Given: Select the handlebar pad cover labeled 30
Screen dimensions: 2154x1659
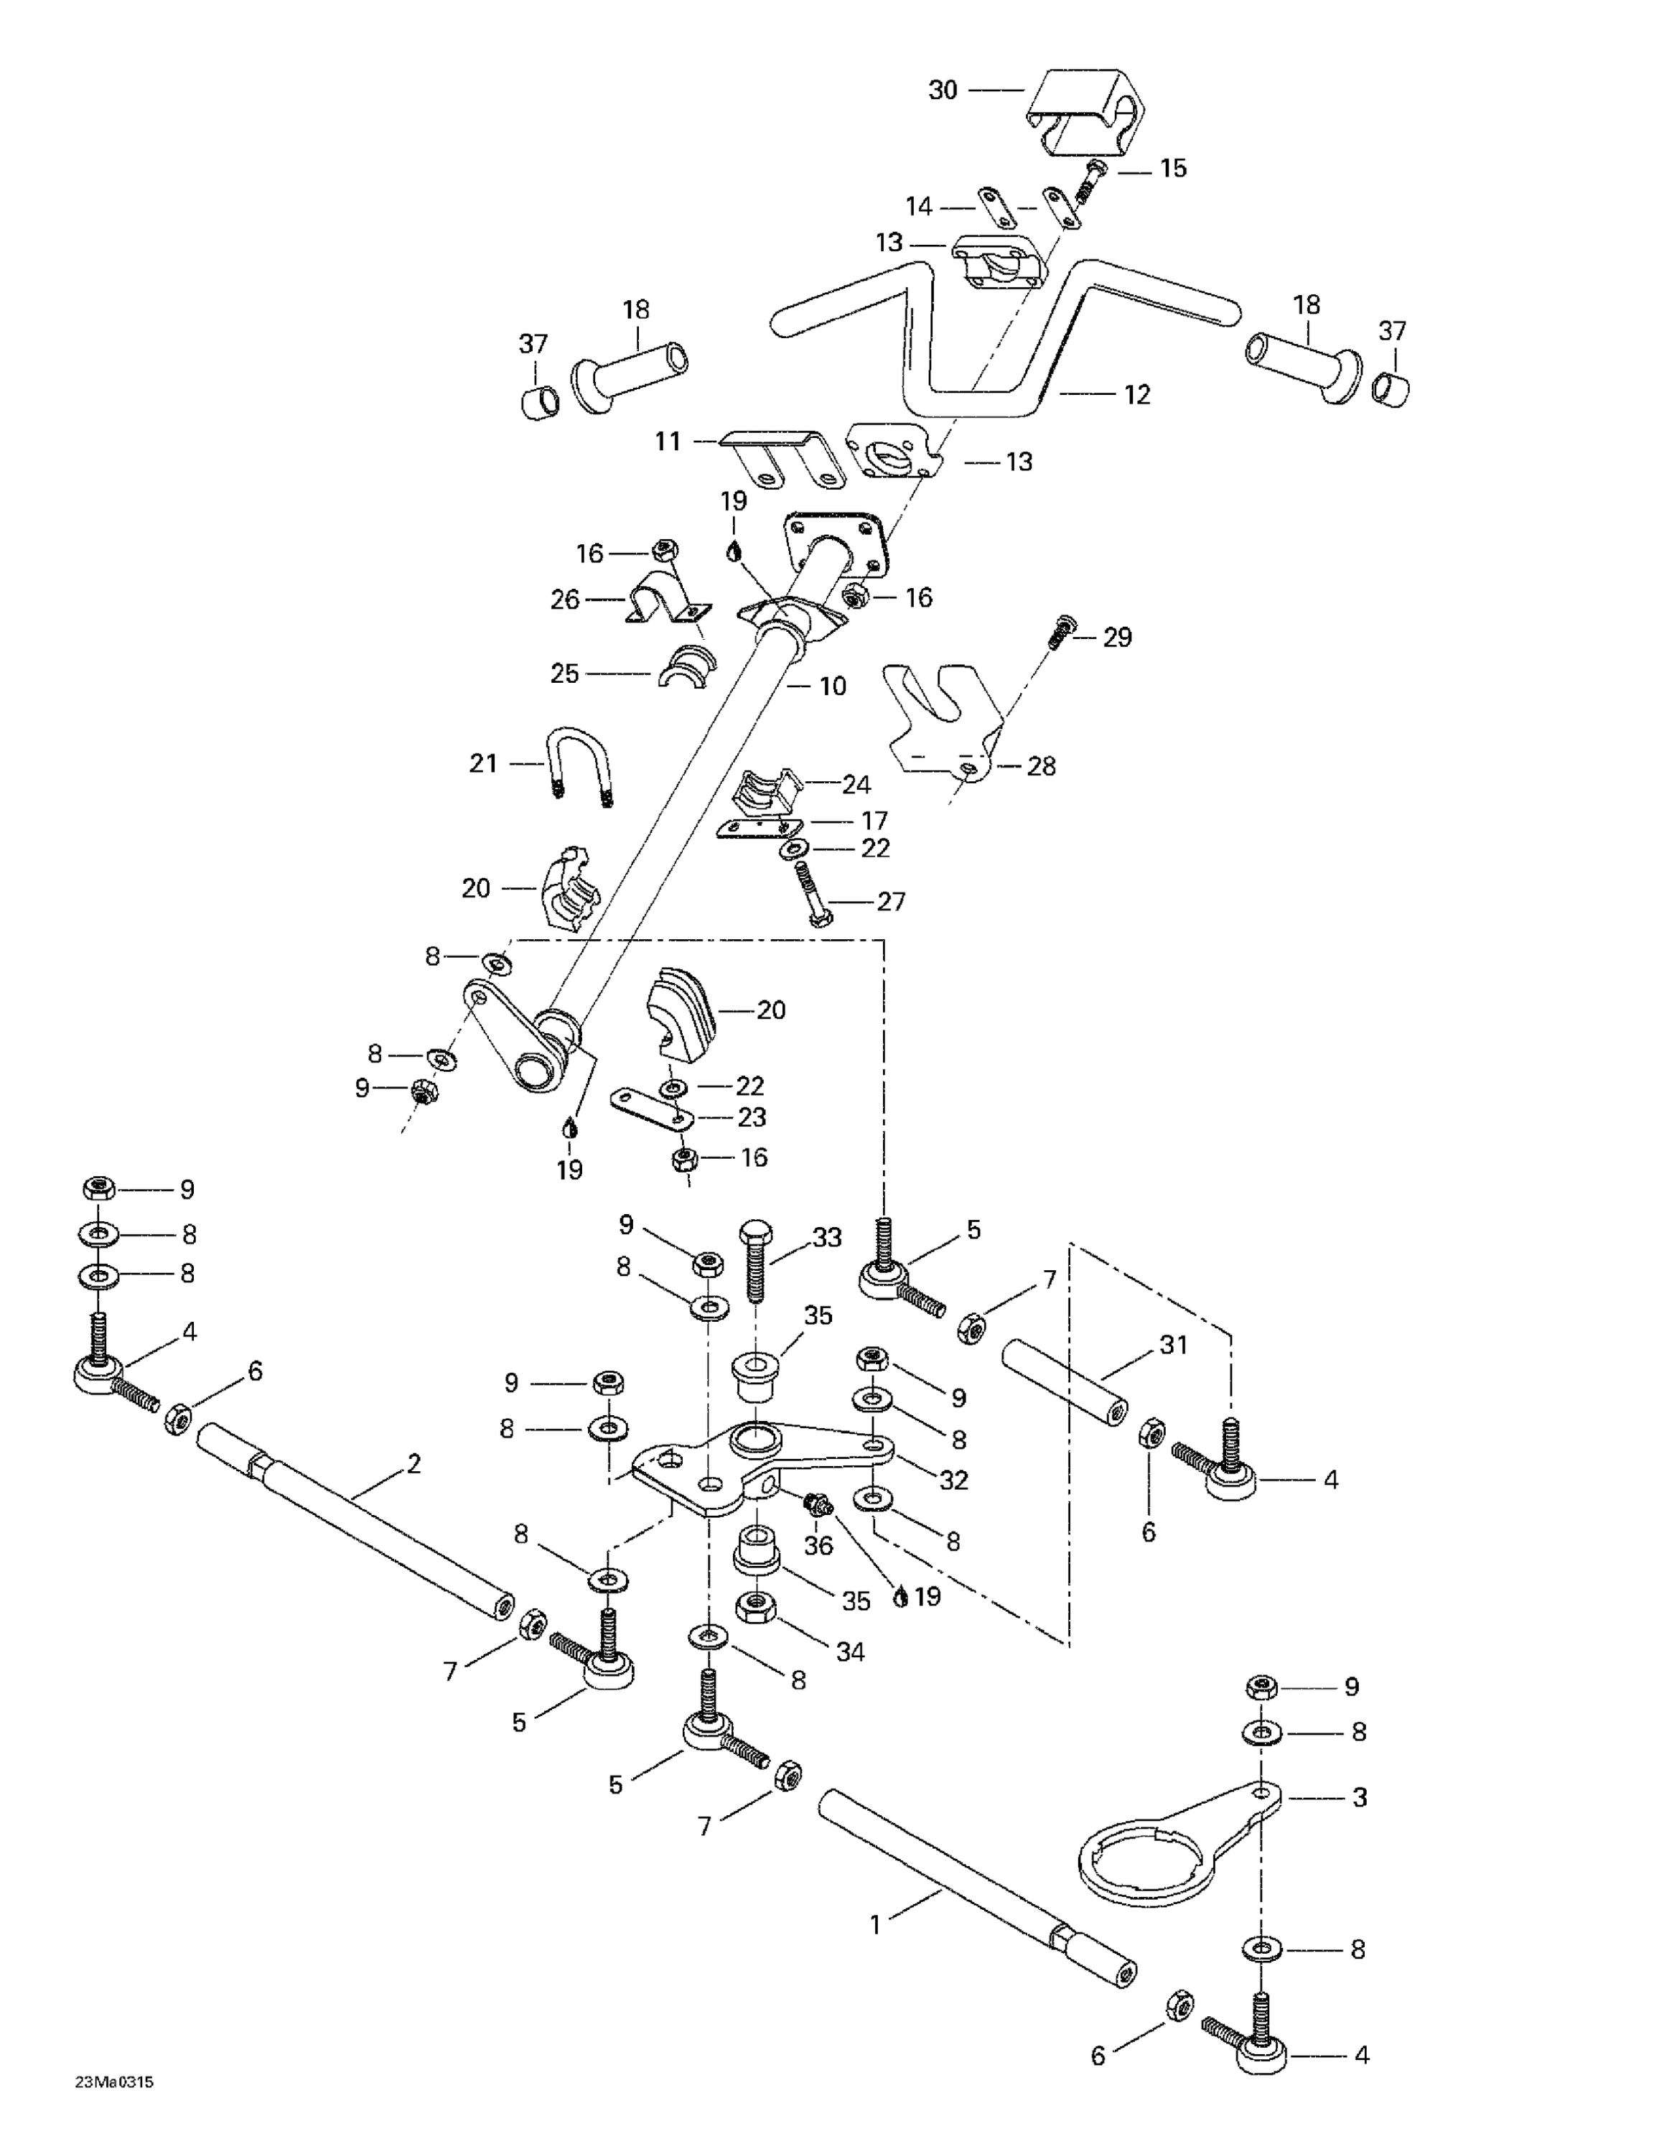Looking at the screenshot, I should (x=1089, y=111).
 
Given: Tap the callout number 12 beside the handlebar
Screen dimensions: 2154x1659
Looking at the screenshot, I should (x=1136, y=394).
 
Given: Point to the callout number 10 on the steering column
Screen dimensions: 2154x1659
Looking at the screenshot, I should (x=833, y=686).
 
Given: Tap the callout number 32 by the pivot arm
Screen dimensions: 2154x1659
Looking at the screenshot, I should (x=954, y=1479).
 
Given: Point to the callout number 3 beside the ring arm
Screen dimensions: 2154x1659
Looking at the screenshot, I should (x=1359, y=1797).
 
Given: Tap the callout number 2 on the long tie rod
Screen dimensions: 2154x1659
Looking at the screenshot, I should (x=413, y=1463).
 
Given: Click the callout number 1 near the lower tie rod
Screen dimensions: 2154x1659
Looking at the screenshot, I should (x=874, y=1924).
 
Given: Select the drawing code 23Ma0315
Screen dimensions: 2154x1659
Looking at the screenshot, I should (x=113, y=2083).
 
